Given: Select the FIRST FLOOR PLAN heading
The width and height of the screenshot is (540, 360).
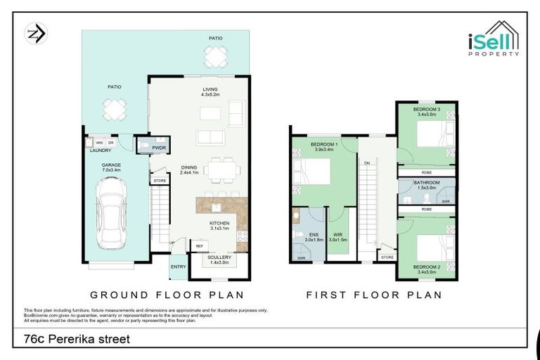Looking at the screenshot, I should click(374, 295).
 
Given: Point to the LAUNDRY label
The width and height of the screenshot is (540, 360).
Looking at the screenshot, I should click(101, 150).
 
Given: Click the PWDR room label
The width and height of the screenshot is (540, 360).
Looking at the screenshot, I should click(159, 148).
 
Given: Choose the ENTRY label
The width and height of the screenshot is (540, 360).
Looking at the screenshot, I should click(178, 266).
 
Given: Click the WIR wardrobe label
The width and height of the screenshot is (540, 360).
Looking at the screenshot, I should click(338, 236).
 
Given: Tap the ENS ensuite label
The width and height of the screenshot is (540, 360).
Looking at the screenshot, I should click(313, 236).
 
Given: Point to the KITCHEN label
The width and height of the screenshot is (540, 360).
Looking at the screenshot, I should click(219, 225).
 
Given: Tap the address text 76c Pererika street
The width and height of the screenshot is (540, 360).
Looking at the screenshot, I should click(72, 339).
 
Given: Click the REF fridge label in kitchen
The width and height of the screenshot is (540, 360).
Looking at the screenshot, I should click(199, 245).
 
